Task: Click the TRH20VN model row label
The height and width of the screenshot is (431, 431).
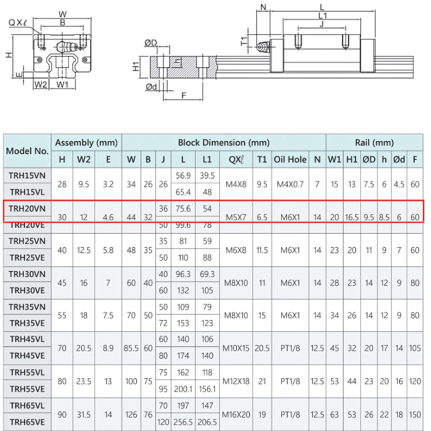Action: [27, 208]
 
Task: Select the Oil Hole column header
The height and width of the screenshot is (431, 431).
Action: [290, 159]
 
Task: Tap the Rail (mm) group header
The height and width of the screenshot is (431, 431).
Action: [374, 143]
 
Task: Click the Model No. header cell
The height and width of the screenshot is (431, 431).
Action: [27, 151]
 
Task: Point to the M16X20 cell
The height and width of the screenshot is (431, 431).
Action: [236, 415]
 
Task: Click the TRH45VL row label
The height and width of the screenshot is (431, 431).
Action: [27, 339]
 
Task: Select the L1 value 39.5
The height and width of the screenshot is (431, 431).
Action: [207, 175]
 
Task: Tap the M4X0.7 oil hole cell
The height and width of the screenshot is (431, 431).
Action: [290, 184]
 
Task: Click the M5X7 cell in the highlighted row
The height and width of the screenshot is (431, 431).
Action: [236, 217]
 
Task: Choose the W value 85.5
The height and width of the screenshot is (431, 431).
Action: [131, 348]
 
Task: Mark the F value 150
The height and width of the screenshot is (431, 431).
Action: [415, 415]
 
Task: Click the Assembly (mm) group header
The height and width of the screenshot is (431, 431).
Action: [87, 143]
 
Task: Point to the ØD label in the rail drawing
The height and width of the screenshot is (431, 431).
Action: [151, 43]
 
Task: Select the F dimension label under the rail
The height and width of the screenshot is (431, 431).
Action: [183, 96]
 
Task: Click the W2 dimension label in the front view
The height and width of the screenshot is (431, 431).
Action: [40, 84]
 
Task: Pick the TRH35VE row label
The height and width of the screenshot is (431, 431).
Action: [27, 323]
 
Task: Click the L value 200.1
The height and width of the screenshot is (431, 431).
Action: [183, 389]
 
